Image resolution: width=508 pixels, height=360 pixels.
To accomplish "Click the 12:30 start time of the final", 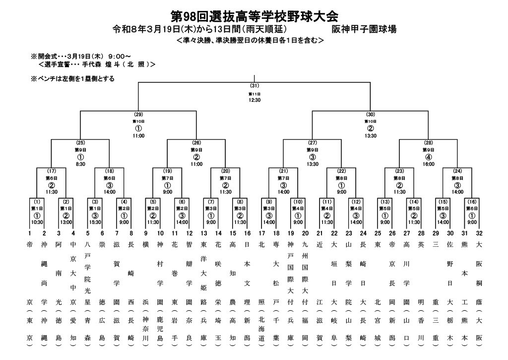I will pos(255,100).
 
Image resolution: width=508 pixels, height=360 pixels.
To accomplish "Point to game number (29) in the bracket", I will pos(138,114).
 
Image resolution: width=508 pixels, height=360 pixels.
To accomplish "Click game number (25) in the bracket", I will pos(80,143).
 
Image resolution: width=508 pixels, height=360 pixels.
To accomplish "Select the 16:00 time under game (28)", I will pos(429,163).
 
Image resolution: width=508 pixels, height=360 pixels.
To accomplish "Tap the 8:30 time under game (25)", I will pos(80,163).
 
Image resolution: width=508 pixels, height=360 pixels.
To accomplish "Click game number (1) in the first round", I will pos(37,202).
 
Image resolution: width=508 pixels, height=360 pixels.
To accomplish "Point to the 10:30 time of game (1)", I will pos(37,222).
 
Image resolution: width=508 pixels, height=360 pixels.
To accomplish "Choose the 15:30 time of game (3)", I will pos(95,222).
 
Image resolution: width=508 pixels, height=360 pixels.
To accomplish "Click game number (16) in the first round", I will pos(472,202).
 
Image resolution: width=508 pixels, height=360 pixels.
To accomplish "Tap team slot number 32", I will pos(479,233).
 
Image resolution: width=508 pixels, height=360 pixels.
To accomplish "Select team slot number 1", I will pos(30,233).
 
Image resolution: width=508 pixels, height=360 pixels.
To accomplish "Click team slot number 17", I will pos(261,233).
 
